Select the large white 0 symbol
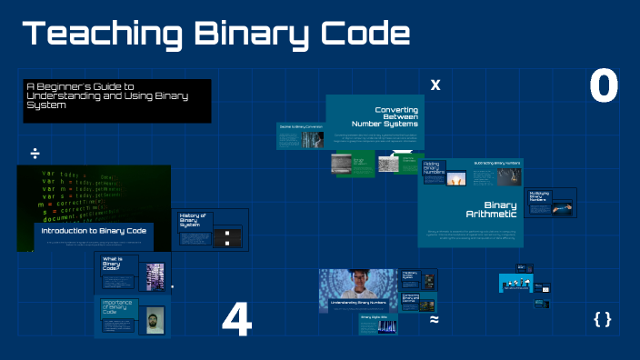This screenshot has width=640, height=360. pos(604,87)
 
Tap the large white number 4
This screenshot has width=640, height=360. pos(236,320)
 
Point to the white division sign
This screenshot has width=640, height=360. pos(35,152)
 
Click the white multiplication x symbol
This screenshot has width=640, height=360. pos(435,85)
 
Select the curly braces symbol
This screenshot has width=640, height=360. pos(602,319)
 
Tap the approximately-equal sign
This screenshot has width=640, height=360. pos(435,319)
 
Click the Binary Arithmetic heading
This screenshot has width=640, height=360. pos(499,209)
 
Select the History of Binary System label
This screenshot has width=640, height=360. pos(193,219)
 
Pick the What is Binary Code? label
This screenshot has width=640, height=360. pos(113,264)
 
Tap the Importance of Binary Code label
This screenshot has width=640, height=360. pos(118,305)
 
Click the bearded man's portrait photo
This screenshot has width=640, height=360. pos(154,317)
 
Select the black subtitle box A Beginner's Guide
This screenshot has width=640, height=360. pos(116,99)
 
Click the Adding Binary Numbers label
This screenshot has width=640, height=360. pos(431,166)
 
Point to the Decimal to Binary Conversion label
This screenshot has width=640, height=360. pos(299,127)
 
